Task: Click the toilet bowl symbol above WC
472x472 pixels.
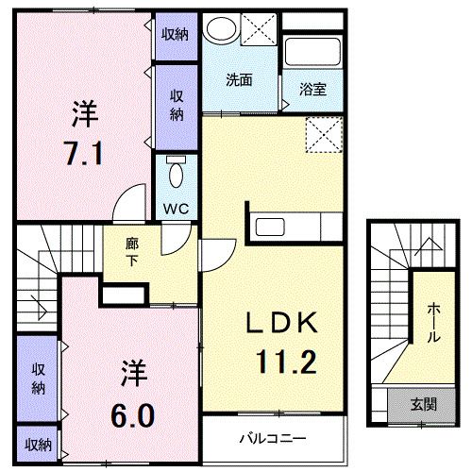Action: pyautogui.click(x=175, y=175)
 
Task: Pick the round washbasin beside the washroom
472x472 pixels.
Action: pyautogui.click(x=221, y=29)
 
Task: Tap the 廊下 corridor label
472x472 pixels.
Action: pyautogui.click(x=132, y=250)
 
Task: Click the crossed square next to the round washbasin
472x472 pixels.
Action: pyautogui.click(x=257, y=28)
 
